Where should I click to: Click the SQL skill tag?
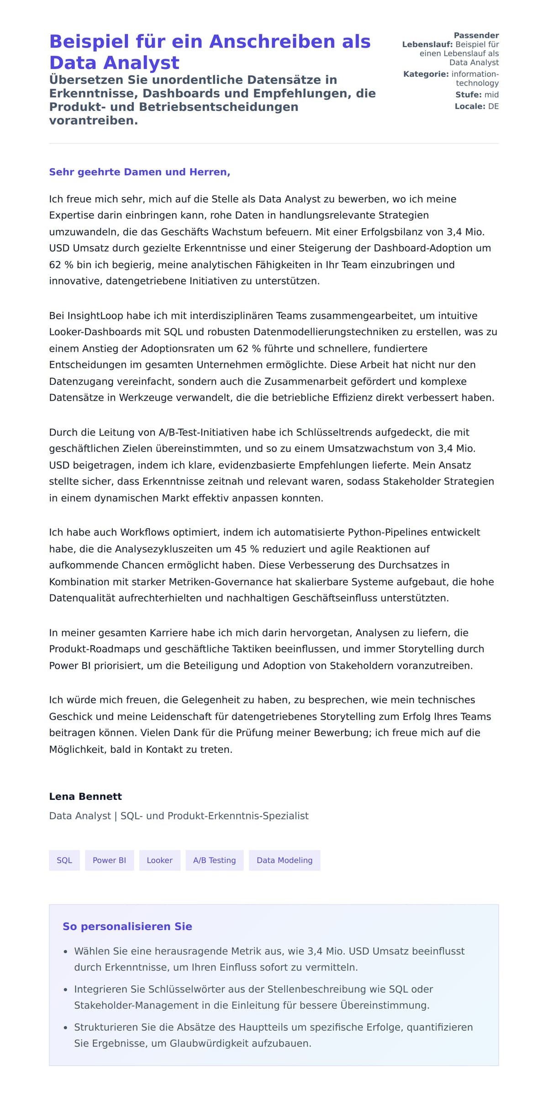[x=64, y=860]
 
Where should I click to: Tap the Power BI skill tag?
[x=109, y=860]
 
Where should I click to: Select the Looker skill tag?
[x=159, y=860]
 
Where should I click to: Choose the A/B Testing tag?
[x=214, y=860]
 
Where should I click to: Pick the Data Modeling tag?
[x=284, y=860]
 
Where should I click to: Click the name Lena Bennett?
[x=85, y=796]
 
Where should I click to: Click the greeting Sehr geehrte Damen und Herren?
[x=139, y=172]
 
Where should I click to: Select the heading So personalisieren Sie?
[x=127, y=926]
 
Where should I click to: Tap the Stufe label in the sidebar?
[x=468, y=95]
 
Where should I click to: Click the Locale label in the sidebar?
[x=469, y=106]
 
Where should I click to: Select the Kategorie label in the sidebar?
[x=426, y=74]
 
